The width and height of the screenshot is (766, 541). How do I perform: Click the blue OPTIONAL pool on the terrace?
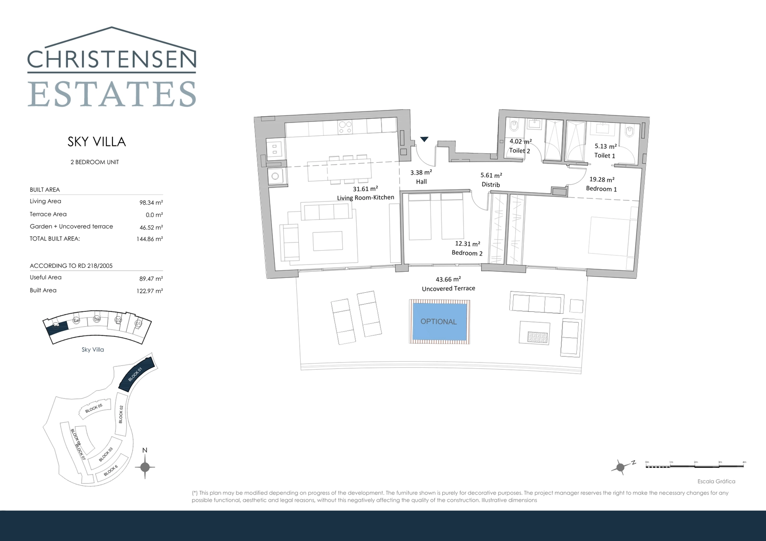click(x=439, y=321)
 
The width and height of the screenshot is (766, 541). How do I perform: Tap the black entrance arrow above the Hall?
click(x=424, y=139)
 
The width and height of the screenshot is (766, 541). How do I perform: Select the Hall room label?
click(x=421, y=182)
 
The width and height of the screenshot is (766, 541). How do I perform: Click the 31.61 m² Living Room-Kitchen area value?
click(x=365, y=189)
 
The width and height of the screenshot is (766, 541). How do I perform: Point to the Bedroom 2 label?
click(x=467, y=253)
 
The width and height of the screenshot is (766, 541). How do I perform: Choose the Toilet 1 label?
click(x=605, y=155)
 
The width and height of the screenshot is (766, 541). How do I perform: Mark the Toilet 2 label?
click(x=519, y=151)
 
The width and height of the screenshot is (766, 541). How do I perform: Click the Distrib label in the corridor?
click(x=491, y=185)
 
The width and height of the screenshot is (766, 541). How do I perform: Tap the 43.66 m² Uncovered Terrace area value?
click(x=448, y=279)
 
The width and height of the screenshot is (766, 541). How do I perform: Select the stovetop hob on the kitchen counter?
click(x=345, y=126)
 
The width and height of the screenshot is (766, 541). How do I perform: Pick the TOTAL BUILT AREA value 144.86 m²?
click(x=149, y=239)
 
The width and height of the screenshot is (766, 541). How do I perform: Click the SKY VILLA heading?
click(x=97, y=142)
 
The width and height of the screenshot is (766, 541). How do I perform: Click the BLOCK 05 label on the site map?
click(x=94, y=408)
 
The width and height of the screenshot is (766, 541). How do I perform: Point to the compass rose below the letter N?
click(x=145, y=467)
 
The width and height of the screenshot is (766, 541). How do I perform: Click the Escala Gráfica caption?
click(x=716, y=481)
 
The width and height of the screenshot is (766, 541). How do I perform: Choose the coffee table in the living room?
click(x=327, y=241)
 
